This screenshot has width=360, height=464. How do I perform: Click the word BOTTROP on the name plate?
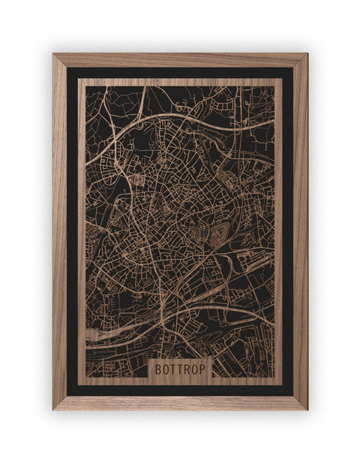[180, 369]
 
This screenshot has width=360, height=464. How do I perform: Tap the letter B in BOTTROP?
[159, 369]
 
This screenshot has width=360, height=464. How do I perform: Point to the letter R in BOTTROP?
[187, 369]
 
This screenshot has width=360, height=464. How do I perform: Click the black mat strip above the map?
[180, 73]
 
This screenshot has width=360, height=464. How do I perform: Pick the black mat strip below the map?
[180, 390]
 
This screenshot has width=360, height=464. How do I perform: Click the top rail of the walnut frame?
[180, 59]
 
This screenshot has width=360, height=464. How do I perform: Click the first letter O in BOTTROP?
[166, 369]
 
